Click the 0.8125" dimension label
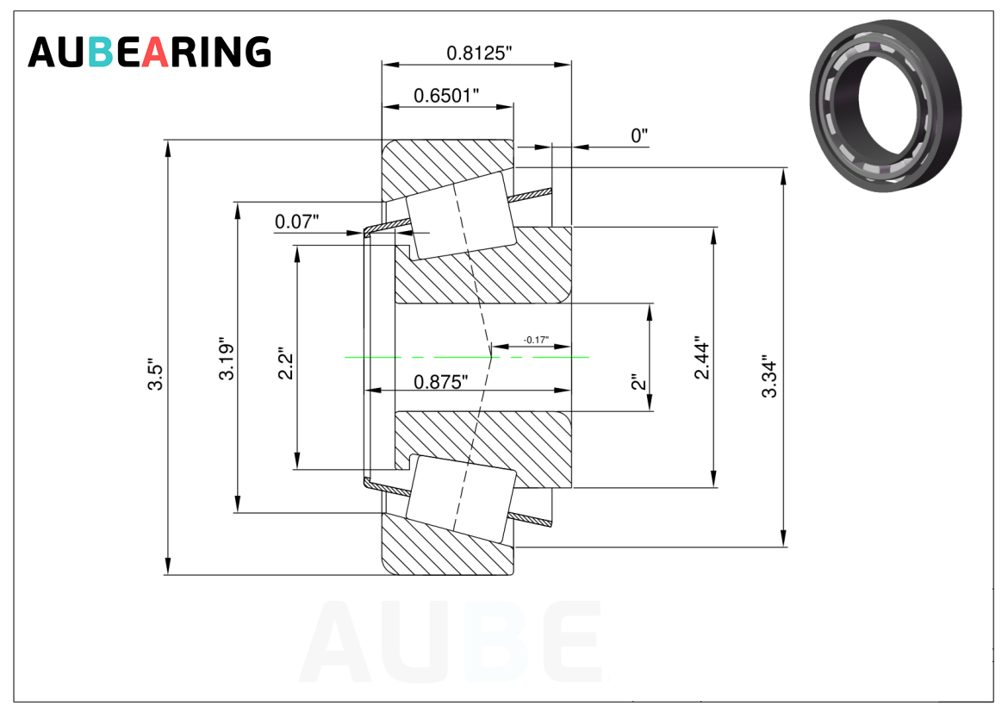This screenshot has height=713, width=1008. click(x=479, y=53)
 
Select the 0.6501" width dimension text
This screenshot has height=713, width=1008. click(x=446, y=95)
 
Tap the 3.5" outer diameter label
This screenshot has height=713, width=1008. click(x=156, y=374)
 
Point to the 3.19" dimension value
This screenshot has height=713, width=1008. click(x=227, y=359)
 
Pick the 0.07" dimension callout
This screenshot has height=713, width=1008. click(x=297, y=222)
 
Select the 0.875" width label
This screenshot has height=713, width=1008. click(x=441, y=382)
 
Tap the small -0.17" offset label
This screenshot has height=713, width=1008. click(x=536, y=339)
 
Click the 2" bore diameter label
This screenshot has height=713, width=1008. click(x=638, y=382)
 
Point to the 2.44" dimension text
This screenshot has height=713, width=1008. click(x=702, y=357)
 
